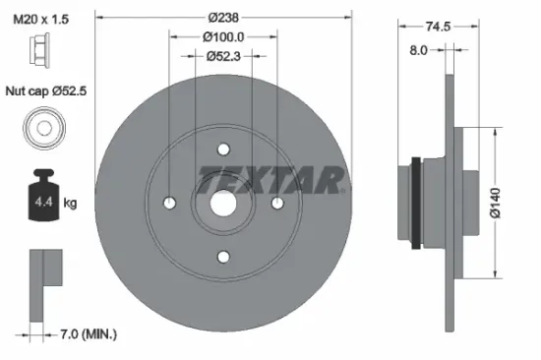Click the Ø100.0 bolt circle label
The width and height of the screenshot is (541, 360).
coord(224,37)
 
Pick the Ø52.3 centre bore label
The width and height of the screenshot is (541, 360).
coord(224,55)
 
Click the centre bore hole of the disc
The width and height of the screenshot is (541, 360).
coord(223,203)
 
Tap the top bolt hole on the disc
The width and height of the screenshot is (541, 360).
coord(223,150)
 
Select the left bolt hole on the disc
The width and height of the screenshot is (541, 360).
coord(170,203)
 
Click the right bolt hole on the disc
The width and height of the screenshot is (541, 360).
coord(277,203)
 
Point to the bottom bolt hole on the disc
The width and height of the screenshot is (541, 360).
coord(223,257)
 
